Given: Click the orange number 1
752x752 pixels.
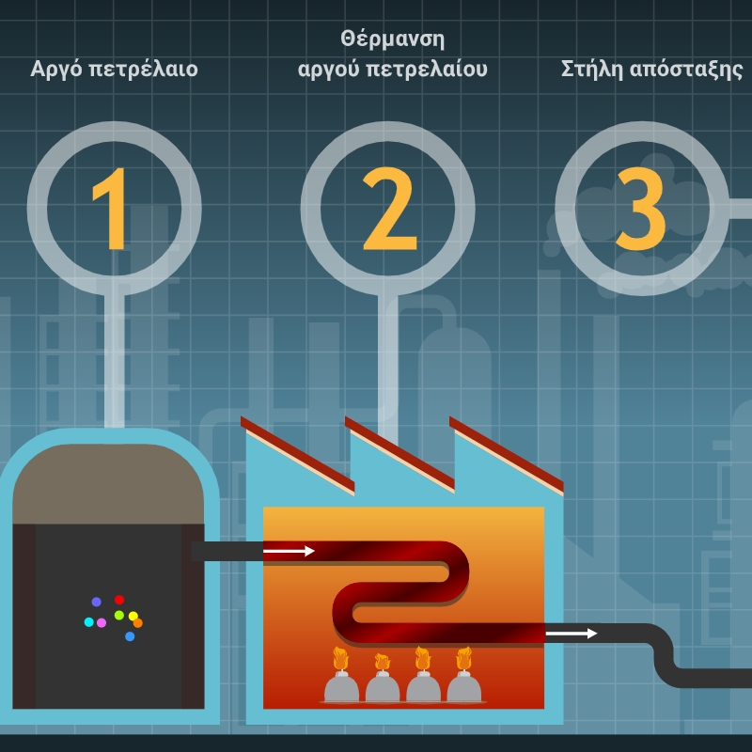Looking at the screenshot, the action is pyautogui.click(x=111, y=209).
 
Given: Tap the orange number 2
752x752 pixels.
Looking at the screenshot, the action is pyautogui.click(x=389, y=209).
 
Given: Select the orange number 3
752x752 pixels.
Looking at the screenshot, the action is pyautogui.click(x=641, y=209).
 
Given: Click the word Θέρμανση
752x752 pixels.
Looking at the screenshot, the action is pyautogui.click(x=392, y=39).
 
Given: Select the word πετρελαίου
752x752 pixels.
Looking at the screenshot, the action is pyautogui.click(x=427, y=70).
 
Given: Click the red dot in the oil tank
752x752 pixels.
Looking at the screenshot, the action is pyautogui.click(x=119, y=600).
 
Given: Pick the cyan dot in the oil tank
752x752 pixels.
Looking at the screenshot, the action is pyautogui.click(x=88, y=622).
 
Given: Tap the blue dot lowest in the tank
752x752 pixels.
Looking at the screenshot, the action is pyautogui.click(x=130, y=636).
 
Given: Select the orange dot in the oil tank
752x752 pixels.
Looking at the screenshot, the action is pyautogui.click(x=137, y=623).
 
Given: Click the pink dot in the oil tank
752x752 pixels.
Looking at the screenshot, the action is pyautogui.click(x=102, y=622).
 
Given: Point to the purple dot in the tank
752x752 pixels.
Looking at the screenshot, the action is pyautogui.click(x=97, y=602).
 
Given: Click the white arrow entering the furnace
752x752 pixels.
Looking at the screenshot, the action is pyautogui.click(x=289, y=551).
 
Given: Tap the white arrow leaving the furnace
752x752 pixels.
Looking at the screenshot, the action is pyautogui.click(x=572, y=634).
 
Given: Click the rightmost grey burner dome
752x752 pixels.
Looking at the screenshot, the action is pyautogui.click(x=463, y=687).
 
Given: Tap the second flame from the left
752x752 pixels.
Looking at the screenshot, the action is pyautogui.click(x=383, y=662).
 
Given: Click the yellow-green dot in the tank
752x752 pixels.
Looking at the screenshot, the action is pyautogui.click(x=119, y=615).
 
